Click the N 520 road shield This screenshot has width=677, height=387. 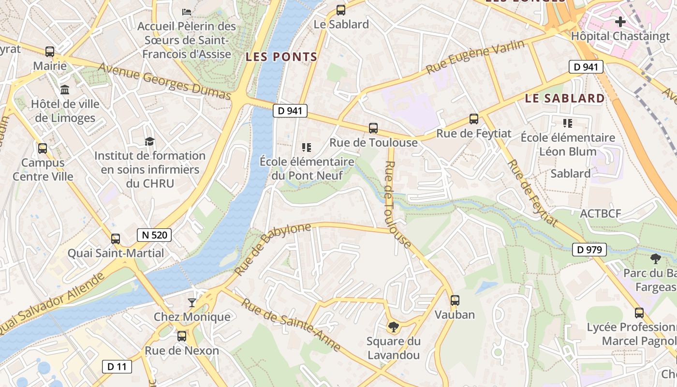pos(154,236)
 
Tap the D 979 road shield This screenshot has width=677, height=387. pos(589,250)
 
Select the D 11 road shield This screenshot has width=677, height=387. pos(117,366)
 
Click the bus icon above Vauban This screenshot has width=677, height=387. pos(455,300)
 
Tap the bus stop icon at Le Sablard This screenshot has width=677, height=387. pos(341,10)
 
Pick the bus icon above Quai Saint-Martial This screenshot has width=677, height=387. pos(115,238)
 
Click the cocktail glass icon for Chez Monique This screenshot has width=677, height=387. pos(192,303)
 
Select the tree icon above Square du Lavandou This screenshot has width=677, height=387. pos(394,327)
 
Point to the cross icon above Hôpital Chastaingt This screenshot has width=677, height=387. pos(620,21)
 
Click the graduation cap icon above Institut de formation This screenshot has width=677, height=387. pos(150,141)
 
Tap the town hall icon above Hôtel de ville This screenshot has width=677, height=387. pos(65,89)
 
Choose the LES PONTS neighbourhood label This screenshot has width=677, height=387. pos(281,57)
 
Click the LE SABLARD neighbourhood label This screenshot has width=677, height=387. pos(565,98)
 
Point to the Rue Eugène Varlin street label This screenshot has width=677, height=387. pos(475,57)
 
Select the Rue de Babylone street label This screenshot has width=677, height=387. pos(273,250)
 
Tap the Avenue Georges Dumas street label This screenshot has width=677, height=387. pos(164,81)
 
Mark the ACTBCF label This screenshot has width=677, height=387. pos(600,213)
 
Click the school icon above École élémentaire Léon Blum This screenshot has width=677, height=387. pos(567,123)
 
